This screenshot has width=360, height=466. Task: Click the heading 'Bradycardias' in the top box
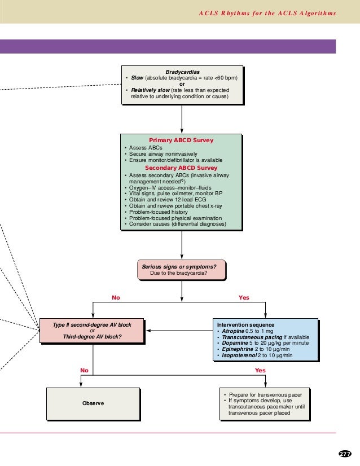[x=182, y=72]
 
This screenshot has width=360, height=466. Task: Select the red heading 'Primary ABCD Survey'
[x=181, y=140]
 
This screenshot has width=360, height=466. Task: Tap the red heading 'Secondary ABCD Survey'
[x=181, y=168]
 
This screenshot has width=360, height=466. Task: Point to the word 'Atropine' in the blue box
[x=233, y=331]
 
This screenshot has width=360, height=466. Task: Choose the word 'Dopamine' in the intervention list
[x=234, y=343]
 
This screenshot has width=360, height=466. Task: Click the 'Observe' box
[x=93, y=403]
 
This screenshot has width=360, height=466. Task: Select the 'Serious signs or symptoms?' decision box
[x=181, y=270]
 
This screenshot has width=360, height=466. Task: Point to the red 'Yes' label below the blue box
[x=260, y=370]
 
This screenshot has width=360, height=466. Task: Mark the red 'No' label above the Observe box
[x=84, y=370]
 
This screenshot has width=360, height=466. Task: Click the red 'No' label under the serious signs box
[x=116, y=297]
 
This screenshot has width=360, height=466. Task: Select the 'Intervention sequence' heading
[x=246, y=325]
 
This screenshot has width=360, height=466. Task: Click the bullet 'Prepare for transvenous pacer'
[x=265, y=394]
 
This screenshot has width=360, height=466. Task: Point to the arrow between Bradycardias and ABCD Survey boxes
[x=182, y=119]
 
